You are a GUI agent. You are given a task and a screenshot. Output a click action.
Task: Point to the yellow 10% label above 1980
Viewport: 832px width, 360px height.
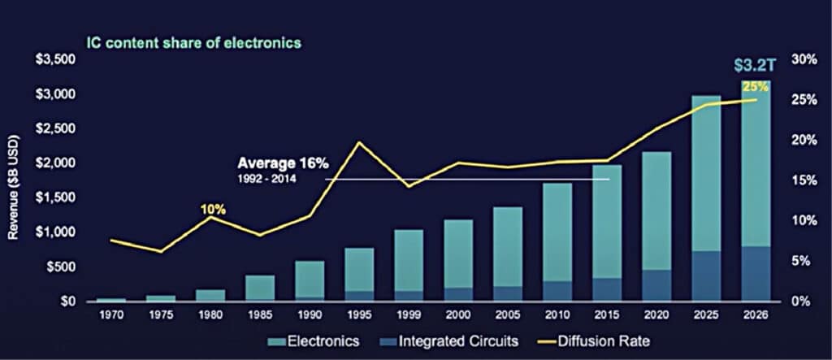coord(213,210)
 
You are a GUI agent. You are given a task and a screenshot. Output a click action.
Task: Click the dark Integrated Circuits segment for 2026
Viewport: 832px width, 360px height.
coord(756,273)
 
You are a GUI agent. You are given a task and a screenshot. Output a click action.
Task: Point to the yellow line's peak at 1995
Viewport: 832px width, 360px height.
coord(359,143)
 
